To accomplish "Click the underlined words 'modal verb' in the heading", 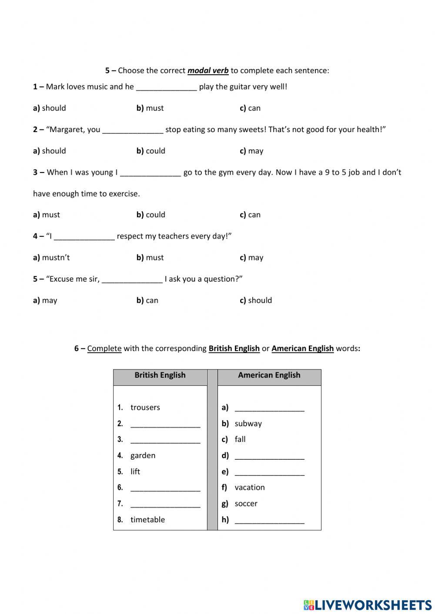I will click(208, 70).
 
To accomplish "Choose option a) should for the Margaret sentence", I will click(50, 151).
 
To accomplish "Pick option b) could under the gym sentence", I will click(151, 215).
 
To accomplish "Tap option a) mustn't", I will click(51, 257).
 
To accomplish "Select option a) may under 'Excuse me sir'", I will click(45, 300).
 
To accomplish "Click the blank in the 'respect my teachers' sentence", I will click(84, 236).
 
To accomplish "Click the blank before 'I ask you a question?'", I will click(132, 279).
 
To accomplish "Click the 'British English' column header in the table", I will click(160, 375).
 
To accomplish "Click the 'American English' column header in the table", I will click(269, 375).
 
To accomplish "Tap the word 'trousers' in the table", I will click(145, 407).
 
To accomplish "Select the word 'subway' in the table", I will click(248, 423).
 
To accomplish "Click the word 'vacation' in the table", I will click(249, 487).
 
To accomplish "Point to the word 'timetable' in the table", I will click(147, 519).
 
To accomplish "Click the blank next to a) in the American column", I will click(269, 408).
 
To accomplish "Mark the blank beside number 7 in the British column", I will click(165, 504).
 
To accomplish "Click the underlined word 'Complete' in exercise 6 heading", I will click(104, 348).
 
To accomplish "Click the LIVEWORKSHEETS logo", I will click(368, 604).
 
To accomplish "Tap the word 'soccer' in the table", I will click(246, 503).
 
